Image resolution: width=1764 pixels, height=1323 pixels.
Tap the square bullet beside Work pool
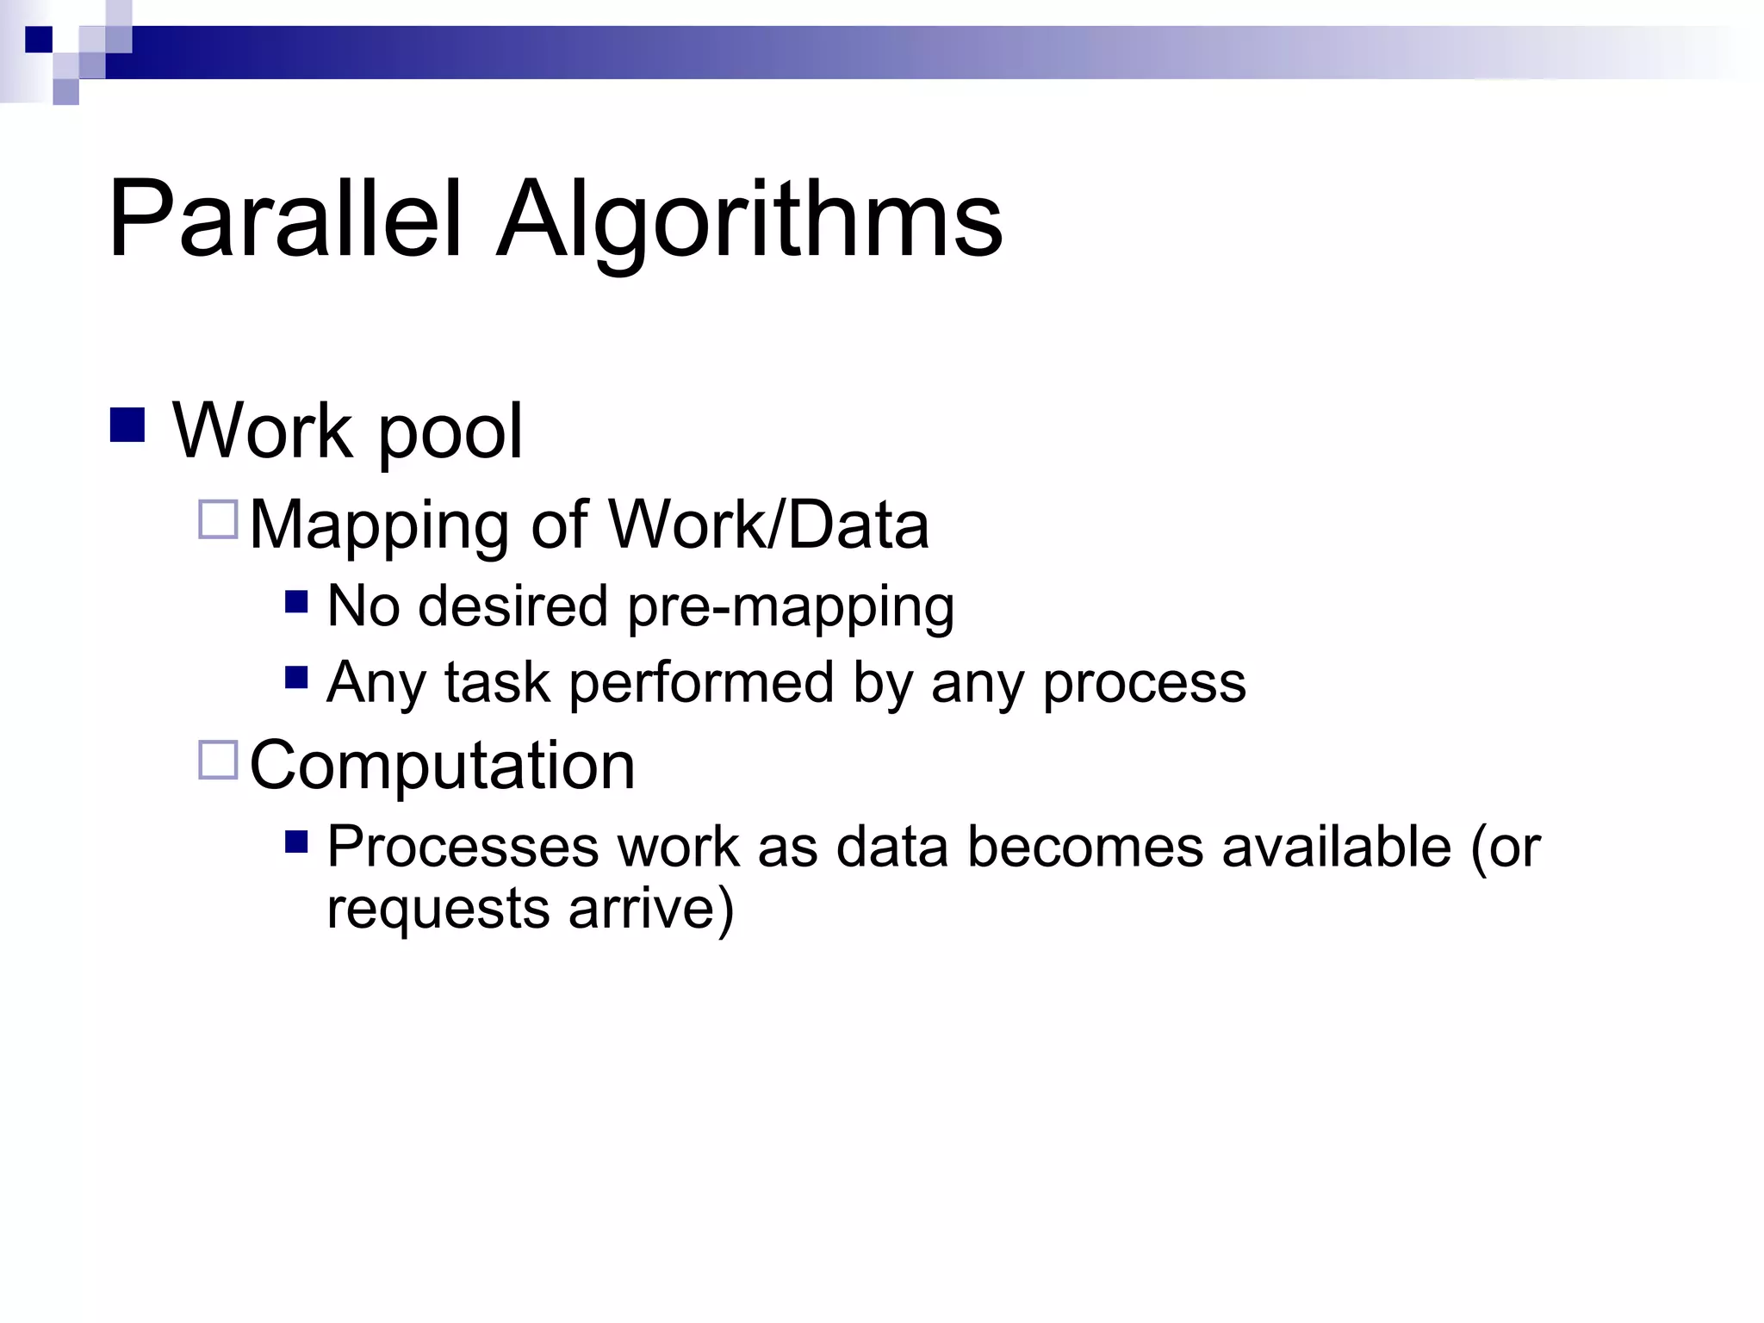127,425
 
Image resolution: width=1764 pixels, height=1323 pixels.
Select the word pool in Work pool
450,432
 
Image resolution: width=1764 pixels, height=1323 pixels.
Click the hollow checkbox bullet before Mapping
218,519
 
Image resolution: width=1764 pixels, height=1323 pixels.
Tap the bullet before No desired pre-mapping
296,601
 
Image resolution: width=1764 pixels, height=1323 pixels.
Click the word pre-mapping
791,608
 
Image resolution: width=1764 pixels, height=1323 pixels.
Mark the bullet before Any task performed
296,678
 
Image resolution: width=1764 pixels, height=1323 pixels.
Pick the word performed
701,683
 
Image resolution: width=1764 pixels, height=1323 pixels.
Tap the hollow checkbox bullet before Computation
218,761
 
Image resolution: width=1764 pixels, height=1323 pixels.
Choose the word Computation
442,765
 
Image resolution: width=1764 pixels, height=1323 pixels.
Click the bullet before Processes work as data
296,842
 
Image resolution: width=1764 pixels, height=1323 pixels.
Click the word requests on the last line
438,910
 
